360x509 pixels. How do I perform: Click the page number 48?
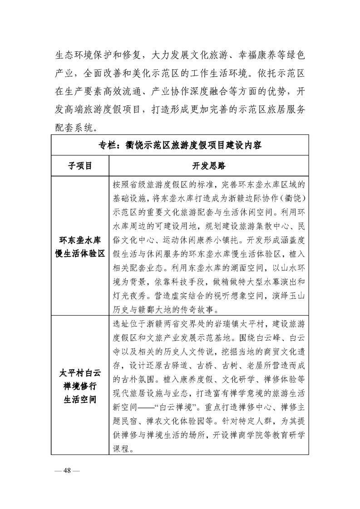click(67, 470)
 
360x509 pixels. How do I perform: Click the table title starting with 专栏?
click(180, 146)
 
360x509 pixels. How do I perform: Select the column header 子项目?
click(79, 166)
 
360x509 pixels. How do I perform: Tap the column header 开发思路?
click(209, 166)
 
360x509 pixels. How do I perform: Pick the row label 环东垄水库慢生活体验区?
click(79, 246)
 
